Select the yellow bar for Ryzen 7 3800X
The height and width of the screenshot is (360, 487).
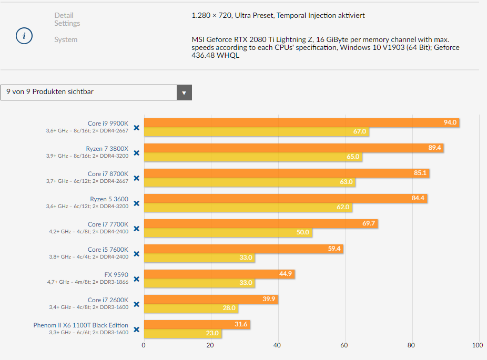point(252,157)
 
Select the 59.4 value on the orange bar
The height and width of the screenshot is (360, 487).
point(334,249)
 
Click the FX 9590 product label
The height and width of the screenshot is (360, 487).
point(116,275)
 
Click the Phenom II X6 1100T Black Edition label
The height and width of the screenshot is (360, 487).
point(81,325)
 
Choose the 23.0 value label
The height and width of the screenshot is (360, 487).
point(212,333)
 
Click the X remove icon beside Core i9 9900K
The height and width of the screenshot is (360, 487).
point(136,128)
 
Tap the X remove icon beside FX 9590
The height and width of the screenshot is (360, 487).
point(136,279)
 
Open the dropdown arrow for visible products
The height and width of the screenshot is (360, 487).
point(184,92)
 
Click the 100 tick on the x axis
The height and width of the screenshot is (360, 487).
point(478,345)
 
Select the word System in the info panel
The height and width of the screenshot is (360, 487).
point(66,39)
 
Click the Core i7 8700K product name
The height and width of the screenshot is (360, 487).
point(108,174)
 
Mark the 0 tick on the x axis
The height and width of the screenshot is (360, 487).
point(144,345)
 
